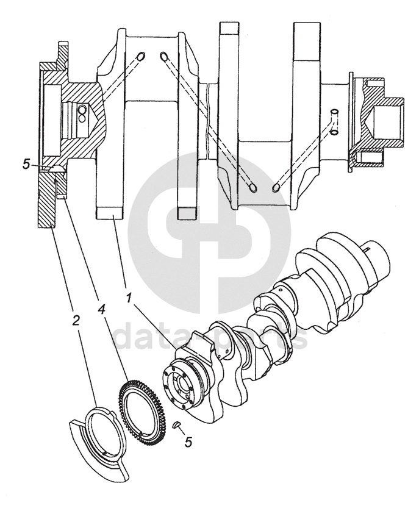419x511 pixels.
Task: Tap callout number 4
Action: pos(101,309)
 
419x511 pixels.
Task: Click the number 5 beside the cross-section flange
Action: pos(26,164)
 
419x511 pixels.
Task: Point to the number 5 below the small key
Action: pos(188,442)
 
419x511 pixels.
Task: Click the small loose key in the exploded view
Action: pos(177,425)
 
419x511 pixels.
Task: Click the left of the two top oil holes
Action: pos(140,57)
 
